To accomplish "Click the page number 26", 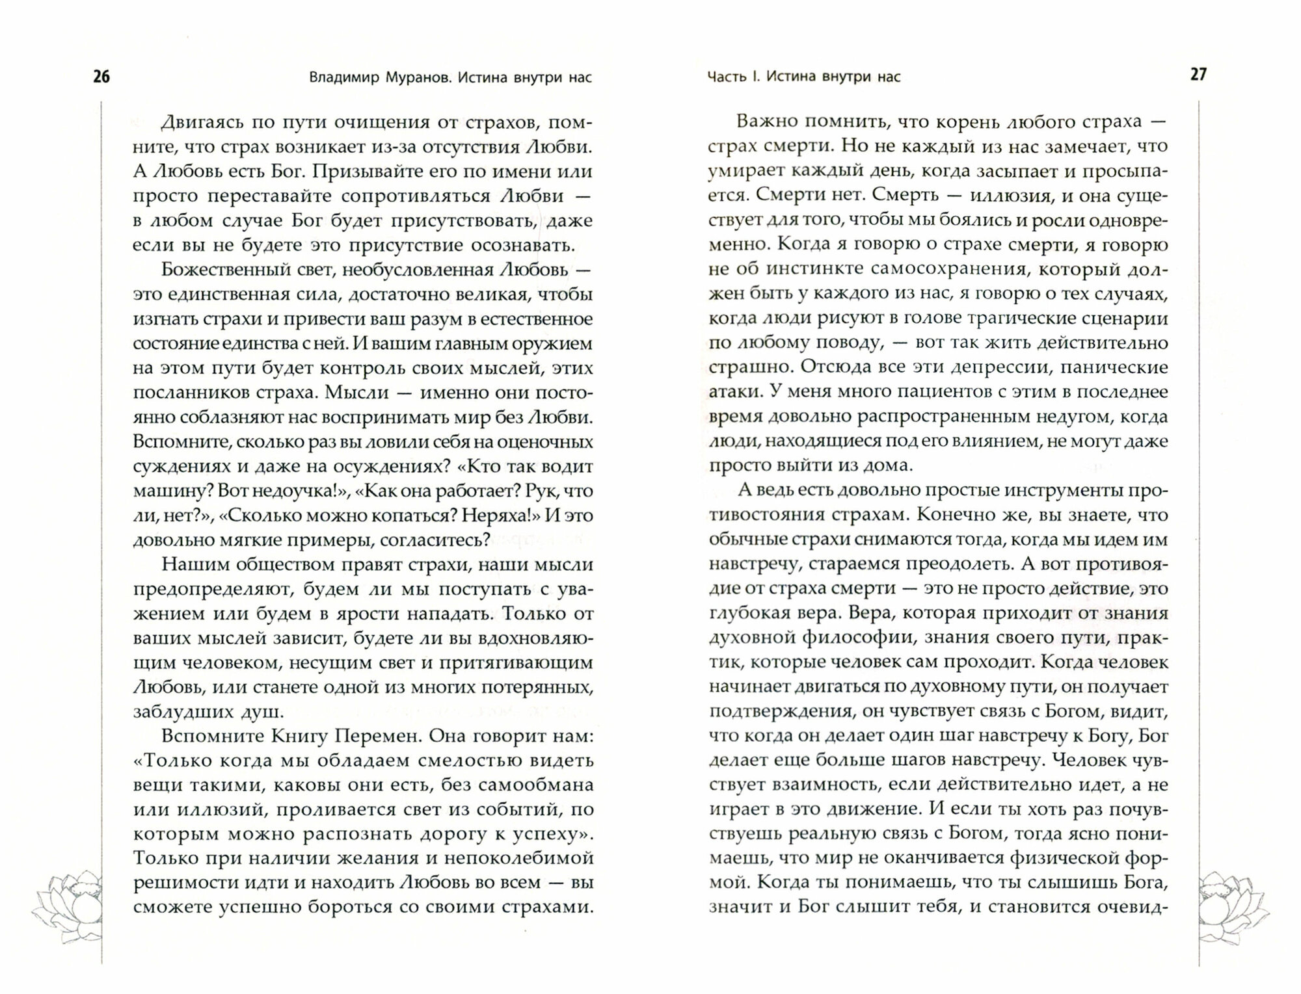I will [x=101, y=77].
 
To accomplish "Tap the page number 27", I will [x=1198, y=75].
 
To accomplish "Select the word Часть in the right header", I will [x=727, y=77].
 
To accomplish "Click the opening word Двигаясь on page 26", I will [x=203, y=122].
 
